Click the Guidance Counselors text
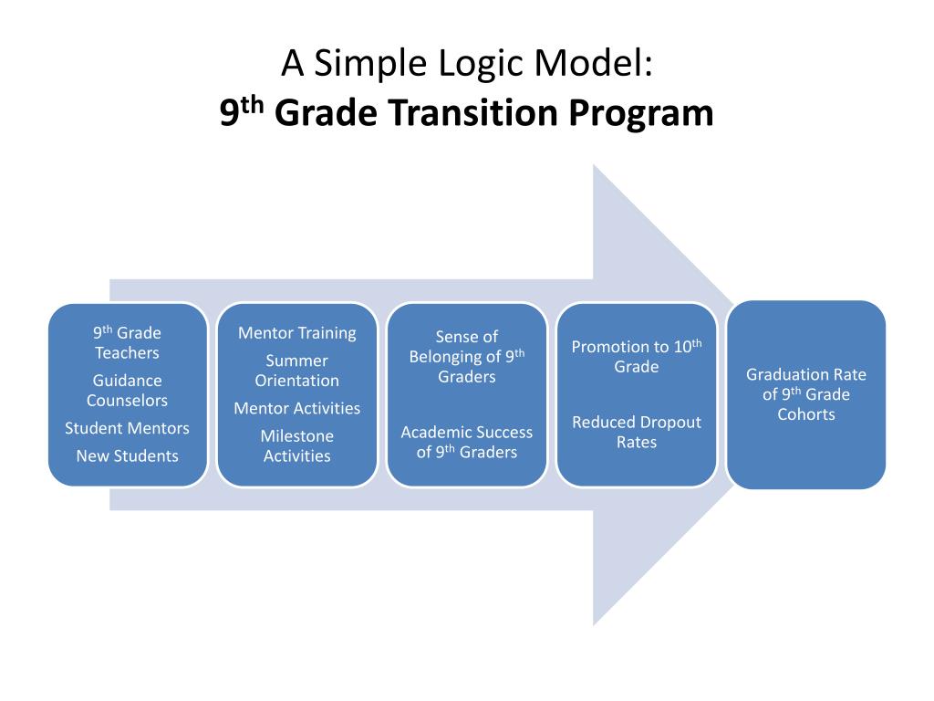pos(127,391)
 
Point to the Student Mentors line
pos(127,428)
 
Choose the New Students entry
pos(127,455)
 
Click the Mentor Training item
pos(296,333)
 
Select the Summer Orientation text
pos(296,371)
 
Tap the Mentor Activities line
pos(296,408)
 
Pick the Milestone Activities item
pos(296,445)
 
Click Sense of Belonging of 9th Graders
pos(466,357)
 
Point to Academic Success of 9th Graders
pos(466,442)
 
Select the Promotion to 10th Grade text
pos(636,356)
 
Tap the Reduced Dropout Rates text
pos(636,432)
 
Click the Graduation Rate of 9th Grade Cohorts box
pos(806,394)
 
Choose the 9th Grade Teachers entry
pos(127,343)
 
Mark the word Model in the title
pos(601,64)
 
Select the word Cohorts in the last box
pos(806,414)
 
